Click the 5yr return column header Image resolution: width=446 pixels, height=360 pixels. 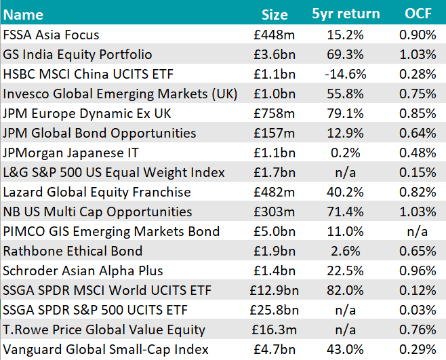coord(346,14)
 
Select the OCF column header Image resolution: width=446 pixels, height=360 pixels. coord(418,14)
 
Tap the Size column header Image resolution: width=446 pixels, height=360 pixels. coord(275,14)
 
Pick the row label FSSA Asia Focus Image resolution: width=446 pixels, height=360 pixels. coord(52,35)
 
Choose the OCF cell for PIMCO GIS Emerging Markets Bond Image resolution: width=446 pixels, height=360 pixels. coord(418,231)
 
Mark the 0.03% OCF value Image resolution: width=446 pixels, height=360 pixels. coord(418,311)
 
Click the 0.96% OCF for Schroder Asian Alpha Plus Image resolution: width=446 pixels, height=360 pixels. coord(418,271)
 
